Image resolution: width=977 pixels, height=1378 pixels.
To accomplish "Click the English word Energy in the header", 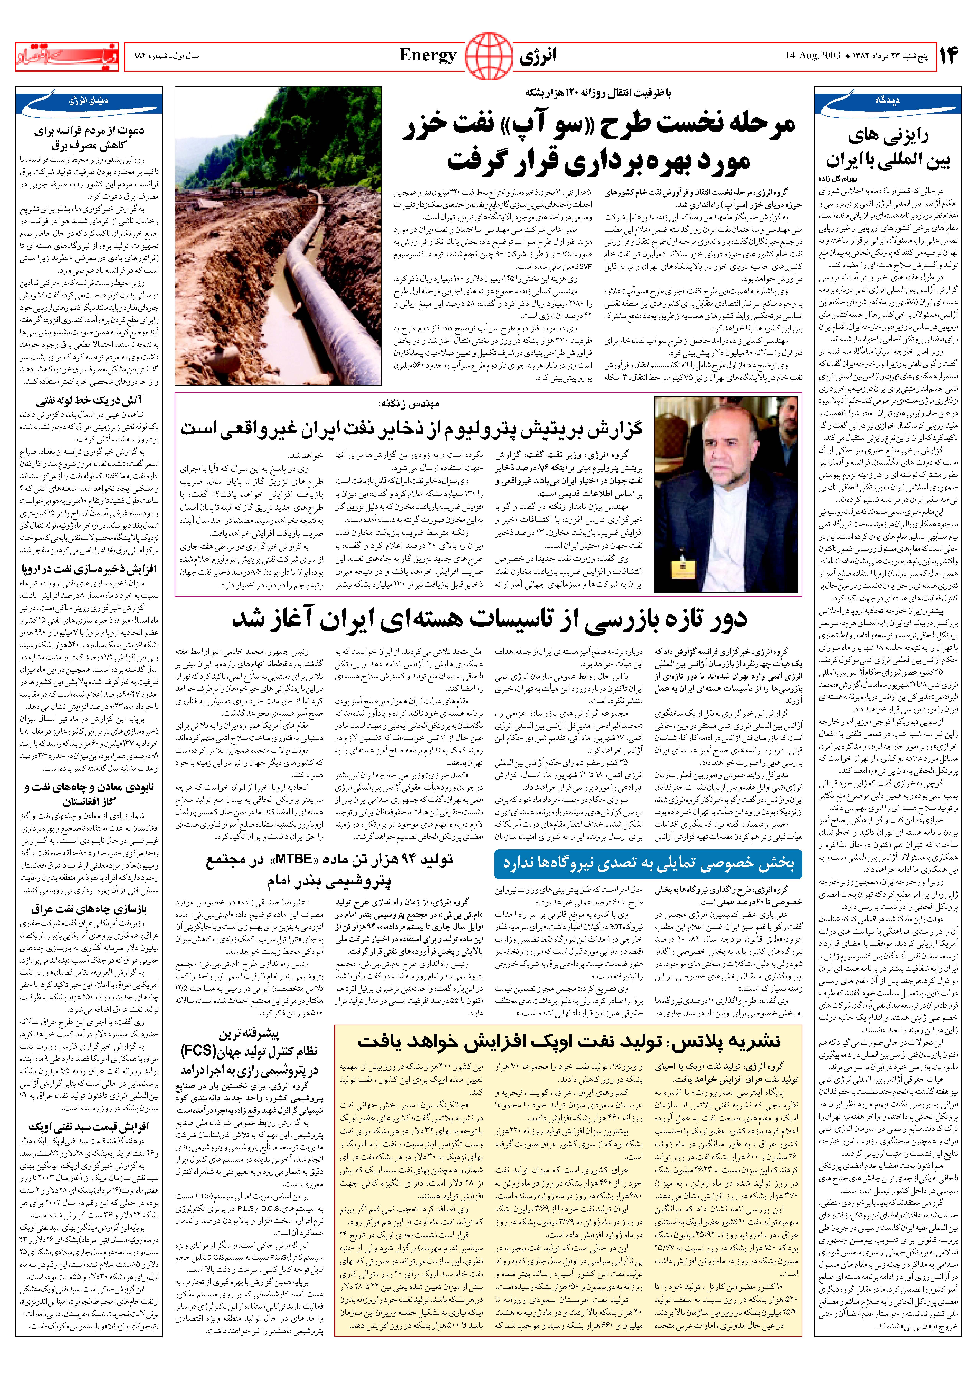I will pos(428,56).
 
